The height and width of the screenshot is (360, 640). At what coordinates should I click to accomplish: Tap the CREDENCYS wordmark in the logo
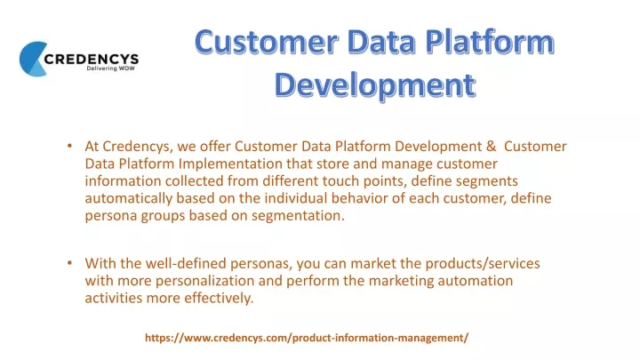tap(92, 60)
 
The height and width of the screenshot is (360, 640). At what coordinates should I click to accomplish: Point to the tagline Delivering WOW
tap(110, 68)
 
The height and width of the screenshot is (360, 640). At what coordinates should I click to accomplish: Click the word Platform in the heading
tap(490, 43)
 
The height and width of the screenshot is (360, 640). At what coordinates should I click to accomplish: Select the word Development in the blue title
tap(375, 85)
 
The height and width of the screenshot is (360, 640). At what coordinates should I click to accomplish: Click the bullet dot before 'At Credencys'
tap(70, 146)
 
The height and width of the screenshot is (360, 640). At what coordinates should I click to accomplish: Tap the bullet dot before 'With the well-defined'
tap(70, 263)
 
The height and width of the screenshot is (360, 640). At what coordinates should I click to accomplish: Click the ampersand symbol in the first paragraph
tap(491, 146)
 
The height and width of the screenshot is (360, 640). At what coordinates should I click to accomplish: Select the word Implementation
tap(230, 164)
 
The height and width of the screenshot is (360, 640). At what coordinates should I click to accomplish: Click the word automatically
tap(129, 198)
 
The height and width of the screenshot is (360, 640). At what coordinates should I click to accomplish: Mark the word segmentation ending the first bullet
tap(298, 215)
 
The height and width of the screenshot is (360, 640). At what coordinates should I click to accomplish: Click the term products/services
tap(483, 264)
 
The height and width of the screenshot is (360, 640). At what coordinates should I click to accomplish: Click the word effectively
tap(219, 299)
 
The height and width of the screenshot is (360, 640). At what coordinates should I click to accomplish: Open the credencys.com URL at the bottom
tap(307, 338)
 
